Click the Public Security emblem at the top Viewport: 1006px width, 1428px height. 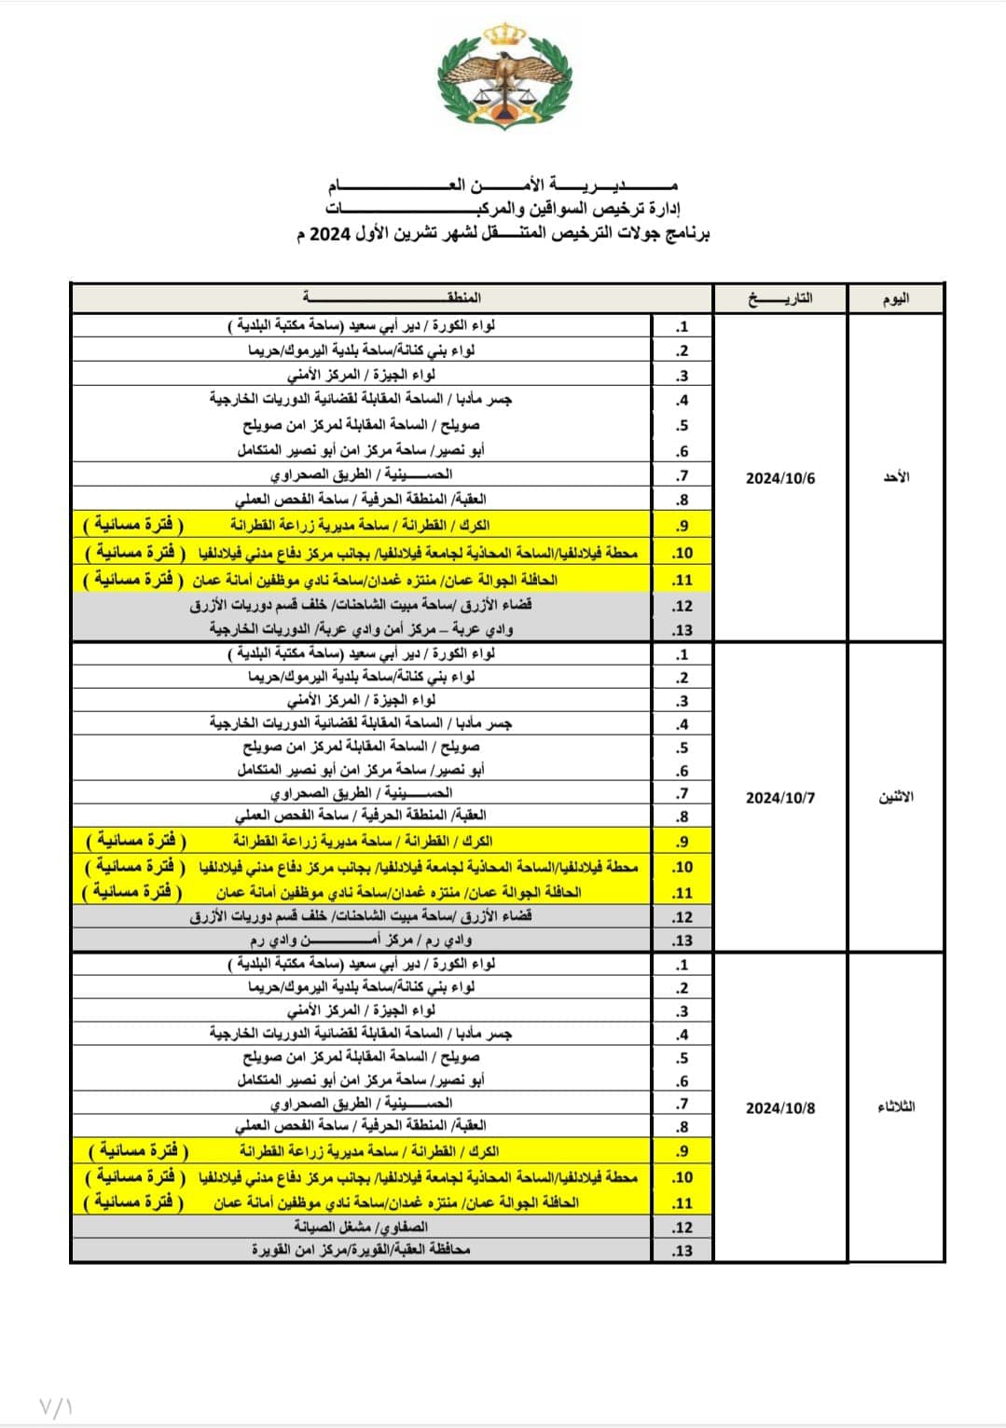503,77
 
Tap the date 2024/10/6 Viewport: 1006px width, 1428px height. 780,478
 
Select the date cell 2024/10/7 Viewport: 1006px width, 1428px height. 780,798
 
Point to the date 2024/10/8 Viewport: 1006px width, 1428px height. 780,1108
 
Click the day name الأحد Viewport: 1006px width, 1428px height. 896,477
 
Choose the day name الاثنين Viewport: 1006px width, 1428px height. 896,797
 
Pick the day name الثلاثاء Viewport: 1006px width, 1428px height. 896,1107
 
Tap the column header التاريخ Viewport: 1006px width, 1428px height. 780,298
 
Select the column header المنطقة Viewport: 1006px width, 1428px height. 392,297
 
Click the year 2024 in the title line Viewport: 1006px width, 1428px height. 328,233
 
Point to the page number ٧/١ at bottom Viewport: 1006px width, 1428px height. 56,1405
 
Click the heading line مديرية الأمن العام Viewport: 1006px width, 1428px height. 503,184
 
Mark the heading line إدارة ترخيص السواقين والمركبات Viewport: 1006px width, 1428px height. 503,207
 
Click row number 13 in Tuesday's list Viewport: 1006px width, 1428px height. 682,1251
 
